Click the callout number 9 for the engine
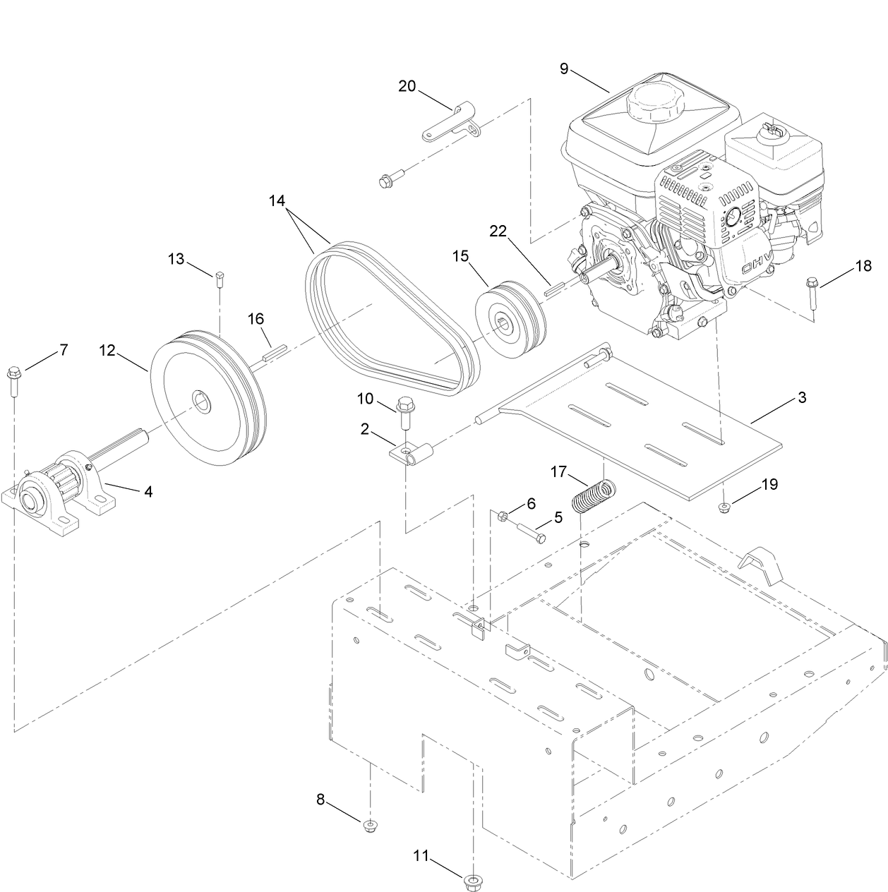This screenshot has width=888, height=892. [x=564, y=68]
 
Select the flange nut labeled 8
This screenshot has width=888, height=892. [x=368, y=826]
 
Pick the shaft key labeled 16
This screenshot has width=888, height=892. [x=273, y=352]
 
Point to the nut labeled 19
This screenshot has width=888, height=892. [x=725, y=506]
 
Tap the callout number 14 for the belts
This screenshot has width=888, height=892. [x=277, y=200]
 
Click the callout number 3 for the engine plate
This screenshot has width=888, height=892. [x=801, y=397]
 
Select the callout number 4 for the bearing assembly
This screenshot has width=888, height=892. [x=148, y=491]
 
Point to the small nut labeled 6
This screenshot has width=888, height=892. [x=503, y=516]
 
